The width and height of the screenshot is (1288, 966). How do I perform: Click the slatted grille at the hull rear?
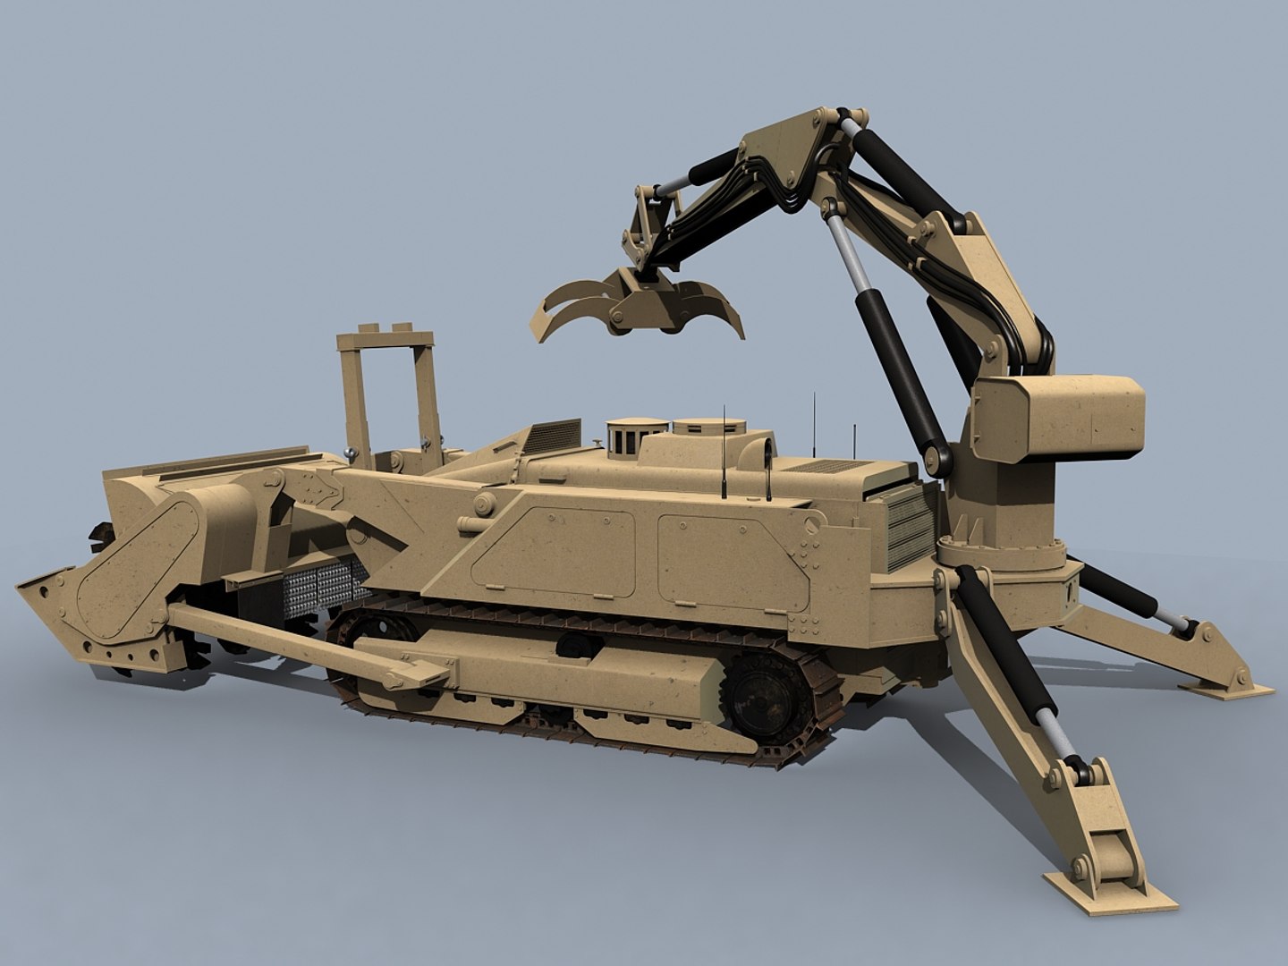coord(908,519)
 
